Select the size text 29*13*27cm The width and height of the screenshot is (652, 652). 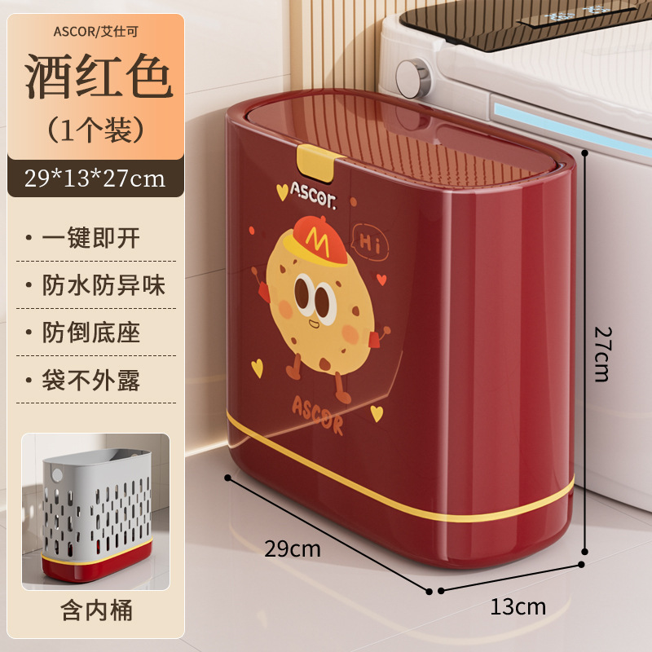click(95, 177)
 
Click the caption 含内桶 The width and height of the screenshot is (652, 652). click(95, 610)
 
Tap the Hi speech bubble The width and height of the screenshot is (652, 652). click(370, 241)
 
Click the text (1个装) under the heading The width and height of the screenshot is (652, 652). click(95, 128)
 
